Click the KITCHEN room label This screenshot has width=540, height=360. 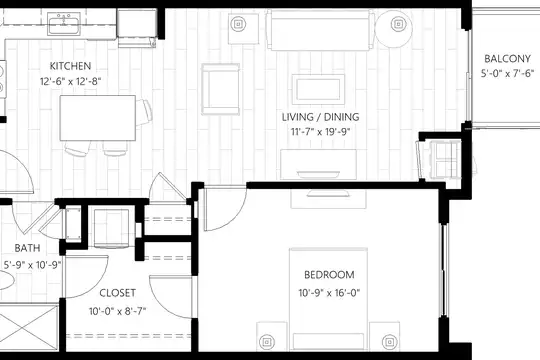coord(70,66)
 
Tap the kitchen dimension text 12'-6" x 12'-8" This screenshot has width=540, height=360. coord(70,82)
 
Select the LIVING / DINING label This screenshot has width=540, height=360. coord(320,117)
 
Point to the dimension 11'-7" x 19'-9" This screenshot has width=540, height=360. coord(320,132)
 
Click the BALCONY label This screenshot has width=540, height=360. coord(507,59)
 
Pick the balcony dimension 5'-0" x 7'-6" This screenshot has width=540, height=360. coord(507,73)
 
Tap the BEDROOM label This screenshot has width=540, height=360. coord(329,275)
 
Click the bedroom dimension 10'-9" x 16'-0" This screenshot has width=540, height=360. coord(329,293)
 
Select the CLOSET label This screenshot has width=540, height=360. coord(117,293)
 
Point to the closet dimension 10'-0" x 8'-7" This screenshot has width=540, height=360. coord(117,311)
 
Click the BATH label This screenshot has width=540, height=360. coord(27,248)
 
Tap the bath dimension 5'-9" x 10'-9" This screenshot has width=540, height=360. coord(32,265)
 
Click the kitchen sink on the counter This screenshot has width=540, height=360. coord(64,24)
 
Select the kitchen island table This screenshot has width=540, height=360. coord(97,118)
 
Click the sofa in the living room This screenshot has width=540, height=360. coord(320,30)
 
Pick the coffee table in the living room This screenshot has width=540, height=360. coord(318,89)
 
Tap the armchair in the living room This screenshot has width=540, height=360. coord(220,89)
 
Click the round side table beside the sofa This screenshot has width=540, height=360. coord(394,29)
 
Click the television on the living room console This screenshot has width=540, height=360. coord(319,174)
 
